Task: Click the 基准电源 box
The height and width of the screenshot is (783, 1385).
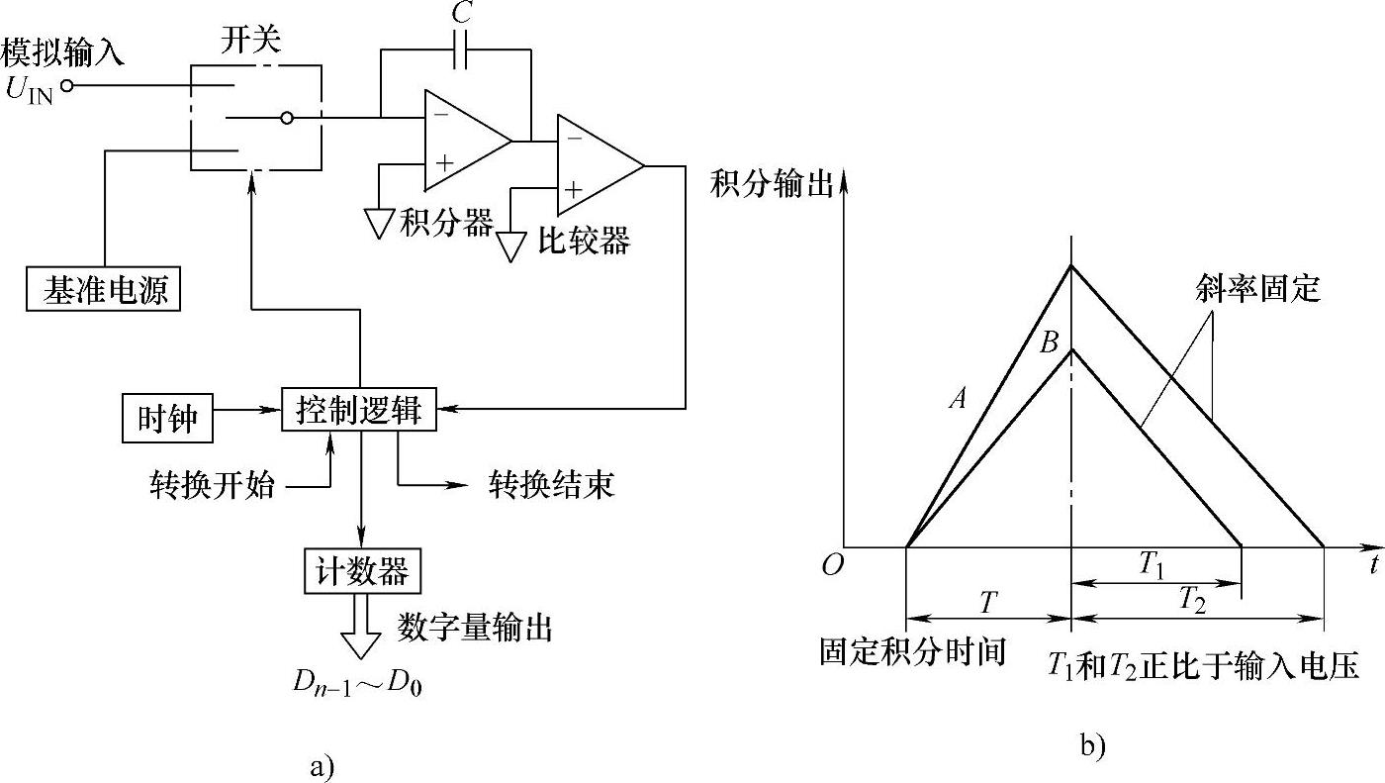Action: (104, 289)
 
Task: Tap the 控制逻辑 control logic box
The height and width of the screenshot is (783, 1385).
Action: (358, 408)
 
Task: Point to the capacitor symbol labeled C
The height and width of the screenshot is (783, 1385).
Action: (461, 54)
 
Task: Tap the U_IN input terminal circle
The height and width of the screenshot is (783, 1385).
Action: (67, 86)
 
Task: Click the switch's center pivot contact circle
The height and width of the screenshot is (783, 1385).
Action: (287, 119)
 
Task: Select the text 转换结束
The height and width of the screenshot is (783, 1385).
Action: (552, 484)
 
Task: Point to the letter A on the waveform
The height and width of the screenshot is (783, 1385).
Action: (956, 398)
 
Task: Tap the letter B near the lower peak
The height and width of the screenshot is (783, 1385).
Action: (1050, 343)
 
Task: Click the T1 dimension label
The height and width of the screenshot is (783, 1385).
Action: (1151, 564)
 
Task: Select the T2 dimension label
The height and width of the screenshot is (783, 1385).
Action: (1192, 599)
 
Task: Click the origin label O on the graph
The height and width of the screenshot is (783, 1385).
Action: (831, 564)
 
